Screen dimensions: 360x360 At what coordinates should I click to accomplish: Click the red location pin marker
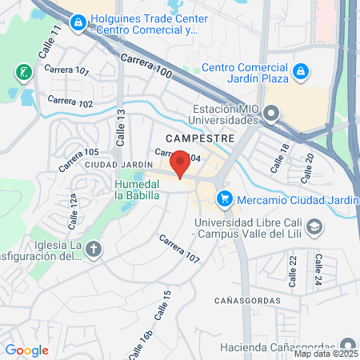pyautogui.click(x=181, y=163)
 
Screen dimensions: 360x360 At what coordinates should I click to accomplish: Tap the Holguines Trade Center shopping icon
pyautogui.click(x=78, y=22)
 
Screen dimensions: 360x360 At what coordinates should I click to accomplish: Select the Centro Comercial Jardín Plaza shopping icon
pyautogui.click(x=299, y=72)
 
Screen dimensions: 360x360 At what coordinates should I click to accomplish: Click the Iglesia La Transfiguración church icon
pyautogui.click(x=94, y=250)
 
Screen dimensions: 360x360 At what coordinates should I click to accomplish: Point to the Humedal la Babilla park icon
pyautogui.click(x=138, y=177)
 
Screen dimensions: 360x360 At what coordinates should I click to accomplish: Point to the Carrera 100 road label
pyautogui.click(x=146, y=66)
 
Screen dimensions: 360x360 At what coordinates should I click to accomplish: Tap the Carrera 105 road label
pyautogui.click(x=79, y=160)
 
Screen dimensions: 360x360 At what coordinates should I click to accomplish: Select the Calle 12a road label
pyautogui.click(x=73, y=210)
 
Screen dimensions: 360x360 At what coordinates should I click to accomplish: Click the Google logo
pyautogui.click(x=27, y=350)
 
